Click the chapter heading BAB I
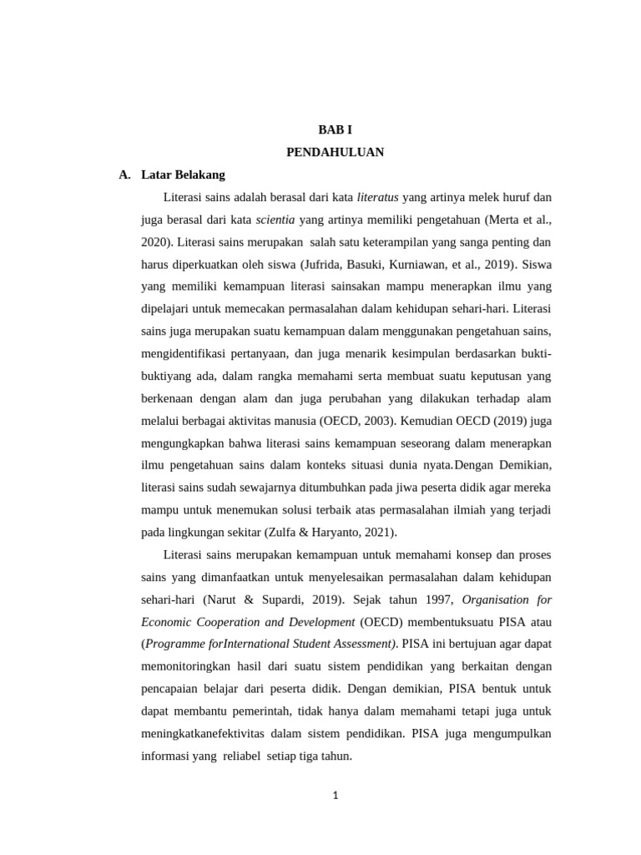point(335,129)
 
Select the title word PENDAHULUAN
point(335,152)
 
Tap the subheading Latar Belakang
point(183,175)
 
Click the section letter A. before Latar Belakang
point(125,175)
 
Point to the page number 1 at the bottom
point(335,796)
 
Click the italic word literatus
point(378,198)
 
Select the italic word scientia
point(275,220)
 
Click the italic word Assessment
point(360,644)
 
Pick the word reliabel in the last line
point(241,756)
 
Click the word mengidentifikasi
point(186,354)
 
